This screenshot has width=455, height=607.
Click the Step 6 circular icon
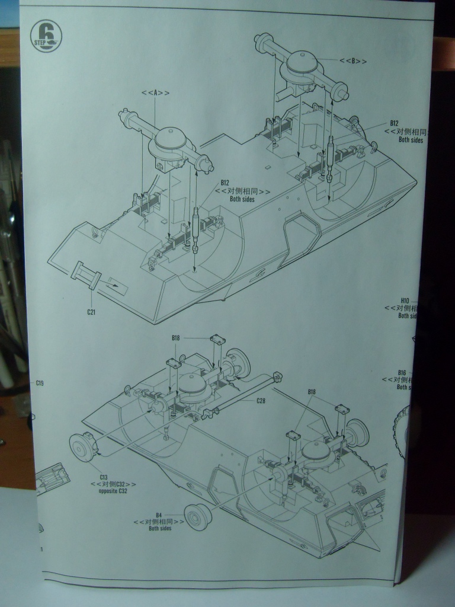click(x=46, y=36)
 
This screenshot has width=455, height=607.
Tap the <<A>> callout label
click(x=155, y=93)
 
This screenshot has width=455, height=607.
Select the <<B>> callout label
click(x=353, y=61)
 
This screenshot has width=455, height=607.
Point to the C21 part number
click(x=91, y=312)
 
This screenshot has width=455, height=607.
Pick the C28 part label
click(x=261, y=401)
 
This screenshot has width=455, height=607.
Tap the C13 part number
click(x=103, y=477)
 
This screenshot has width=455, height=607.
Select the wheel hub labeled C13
click(x=82, y=448)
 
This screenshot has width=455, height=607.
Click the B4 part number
click(x=159, y=515)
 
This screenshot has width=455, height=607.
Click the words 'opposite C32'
click(x=113, y=491)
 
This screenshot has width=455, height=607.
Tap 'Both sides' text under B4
click(x=160, y=528)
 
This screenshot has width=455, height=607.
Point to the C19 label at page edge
click(x=39, y=384)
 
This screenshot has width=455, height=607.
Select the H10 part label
click(x=405, y=301)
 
